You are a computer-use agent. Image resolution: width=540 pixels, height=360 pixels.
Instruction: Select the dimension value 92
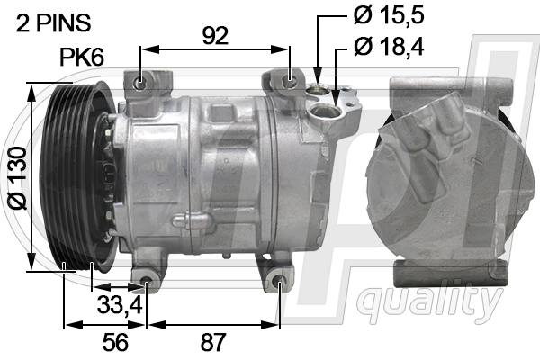point(214,35)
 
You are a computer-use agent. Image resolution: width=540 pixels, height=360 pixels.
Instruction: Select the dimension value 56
point(114,342)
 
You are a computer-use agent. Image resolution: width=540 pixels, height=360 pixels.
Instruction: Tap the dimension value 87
point(212,342)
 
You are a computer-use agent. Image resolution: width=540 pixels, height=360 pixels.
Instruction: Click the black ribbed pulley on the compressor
point(76,175)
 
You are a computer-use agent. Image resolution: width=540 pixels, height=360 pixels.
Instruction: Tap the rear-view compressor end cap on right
point(445,175)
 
